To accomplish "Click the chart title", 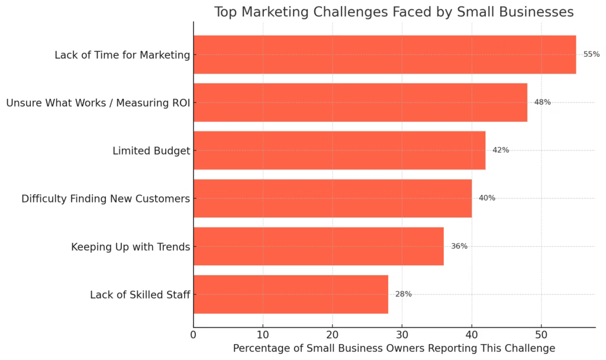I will click(x=394, y=12).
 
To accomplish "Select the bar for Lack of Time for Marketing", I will click(x=385, y=54).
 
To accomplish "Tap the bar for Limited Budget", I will click(x=339, y=150).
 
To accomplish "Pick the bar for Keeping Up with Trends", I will click(x=318, y=246).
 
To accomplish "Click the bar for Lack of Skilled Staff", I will click(x=291, y=294).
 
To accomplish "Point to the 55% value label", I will click(x=591, y=54).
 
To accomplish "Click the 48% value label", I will click(x=542, y=102).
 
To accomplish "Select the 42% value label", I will click(x=501, y=150).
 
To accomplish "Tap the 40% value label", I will click(x=486, y=198).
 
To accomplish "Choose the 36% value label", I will click(x=459, y=246).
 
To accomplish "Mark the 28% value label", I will click(x=403, y=294).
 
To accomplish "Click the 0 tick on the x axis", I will click(x=194, y=335).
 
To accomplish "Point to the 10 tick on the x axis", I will click(x=263, y=335).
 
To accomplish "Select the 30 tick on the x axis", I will click(x=402, y=335).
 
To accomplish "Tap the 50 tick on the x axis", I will click(x=541, y=335).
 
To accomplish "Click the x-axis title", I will click(x=394, y=349).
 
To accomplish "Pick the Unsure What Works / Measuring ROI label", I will click(x=98, y=103).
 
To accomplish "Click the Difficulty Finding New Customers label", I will click(x=105, y=199).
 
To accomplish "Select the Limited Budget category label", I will click(x=151, y=151).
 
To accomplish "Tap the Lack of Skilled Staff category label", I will click(x=140, y=295).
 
